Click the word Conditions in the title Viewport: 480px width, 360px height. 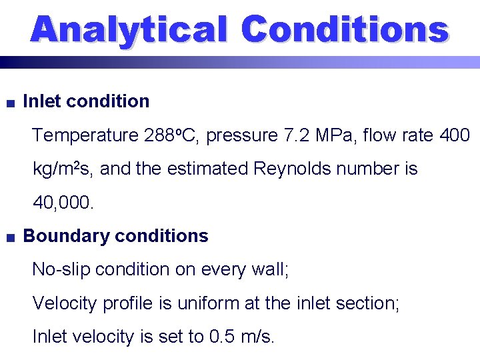345,31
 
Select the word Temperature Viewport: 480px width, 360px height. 85,136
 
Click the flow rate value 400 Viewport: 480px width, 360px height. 455,136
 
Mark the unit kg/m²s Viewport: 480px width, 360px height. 63,169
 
